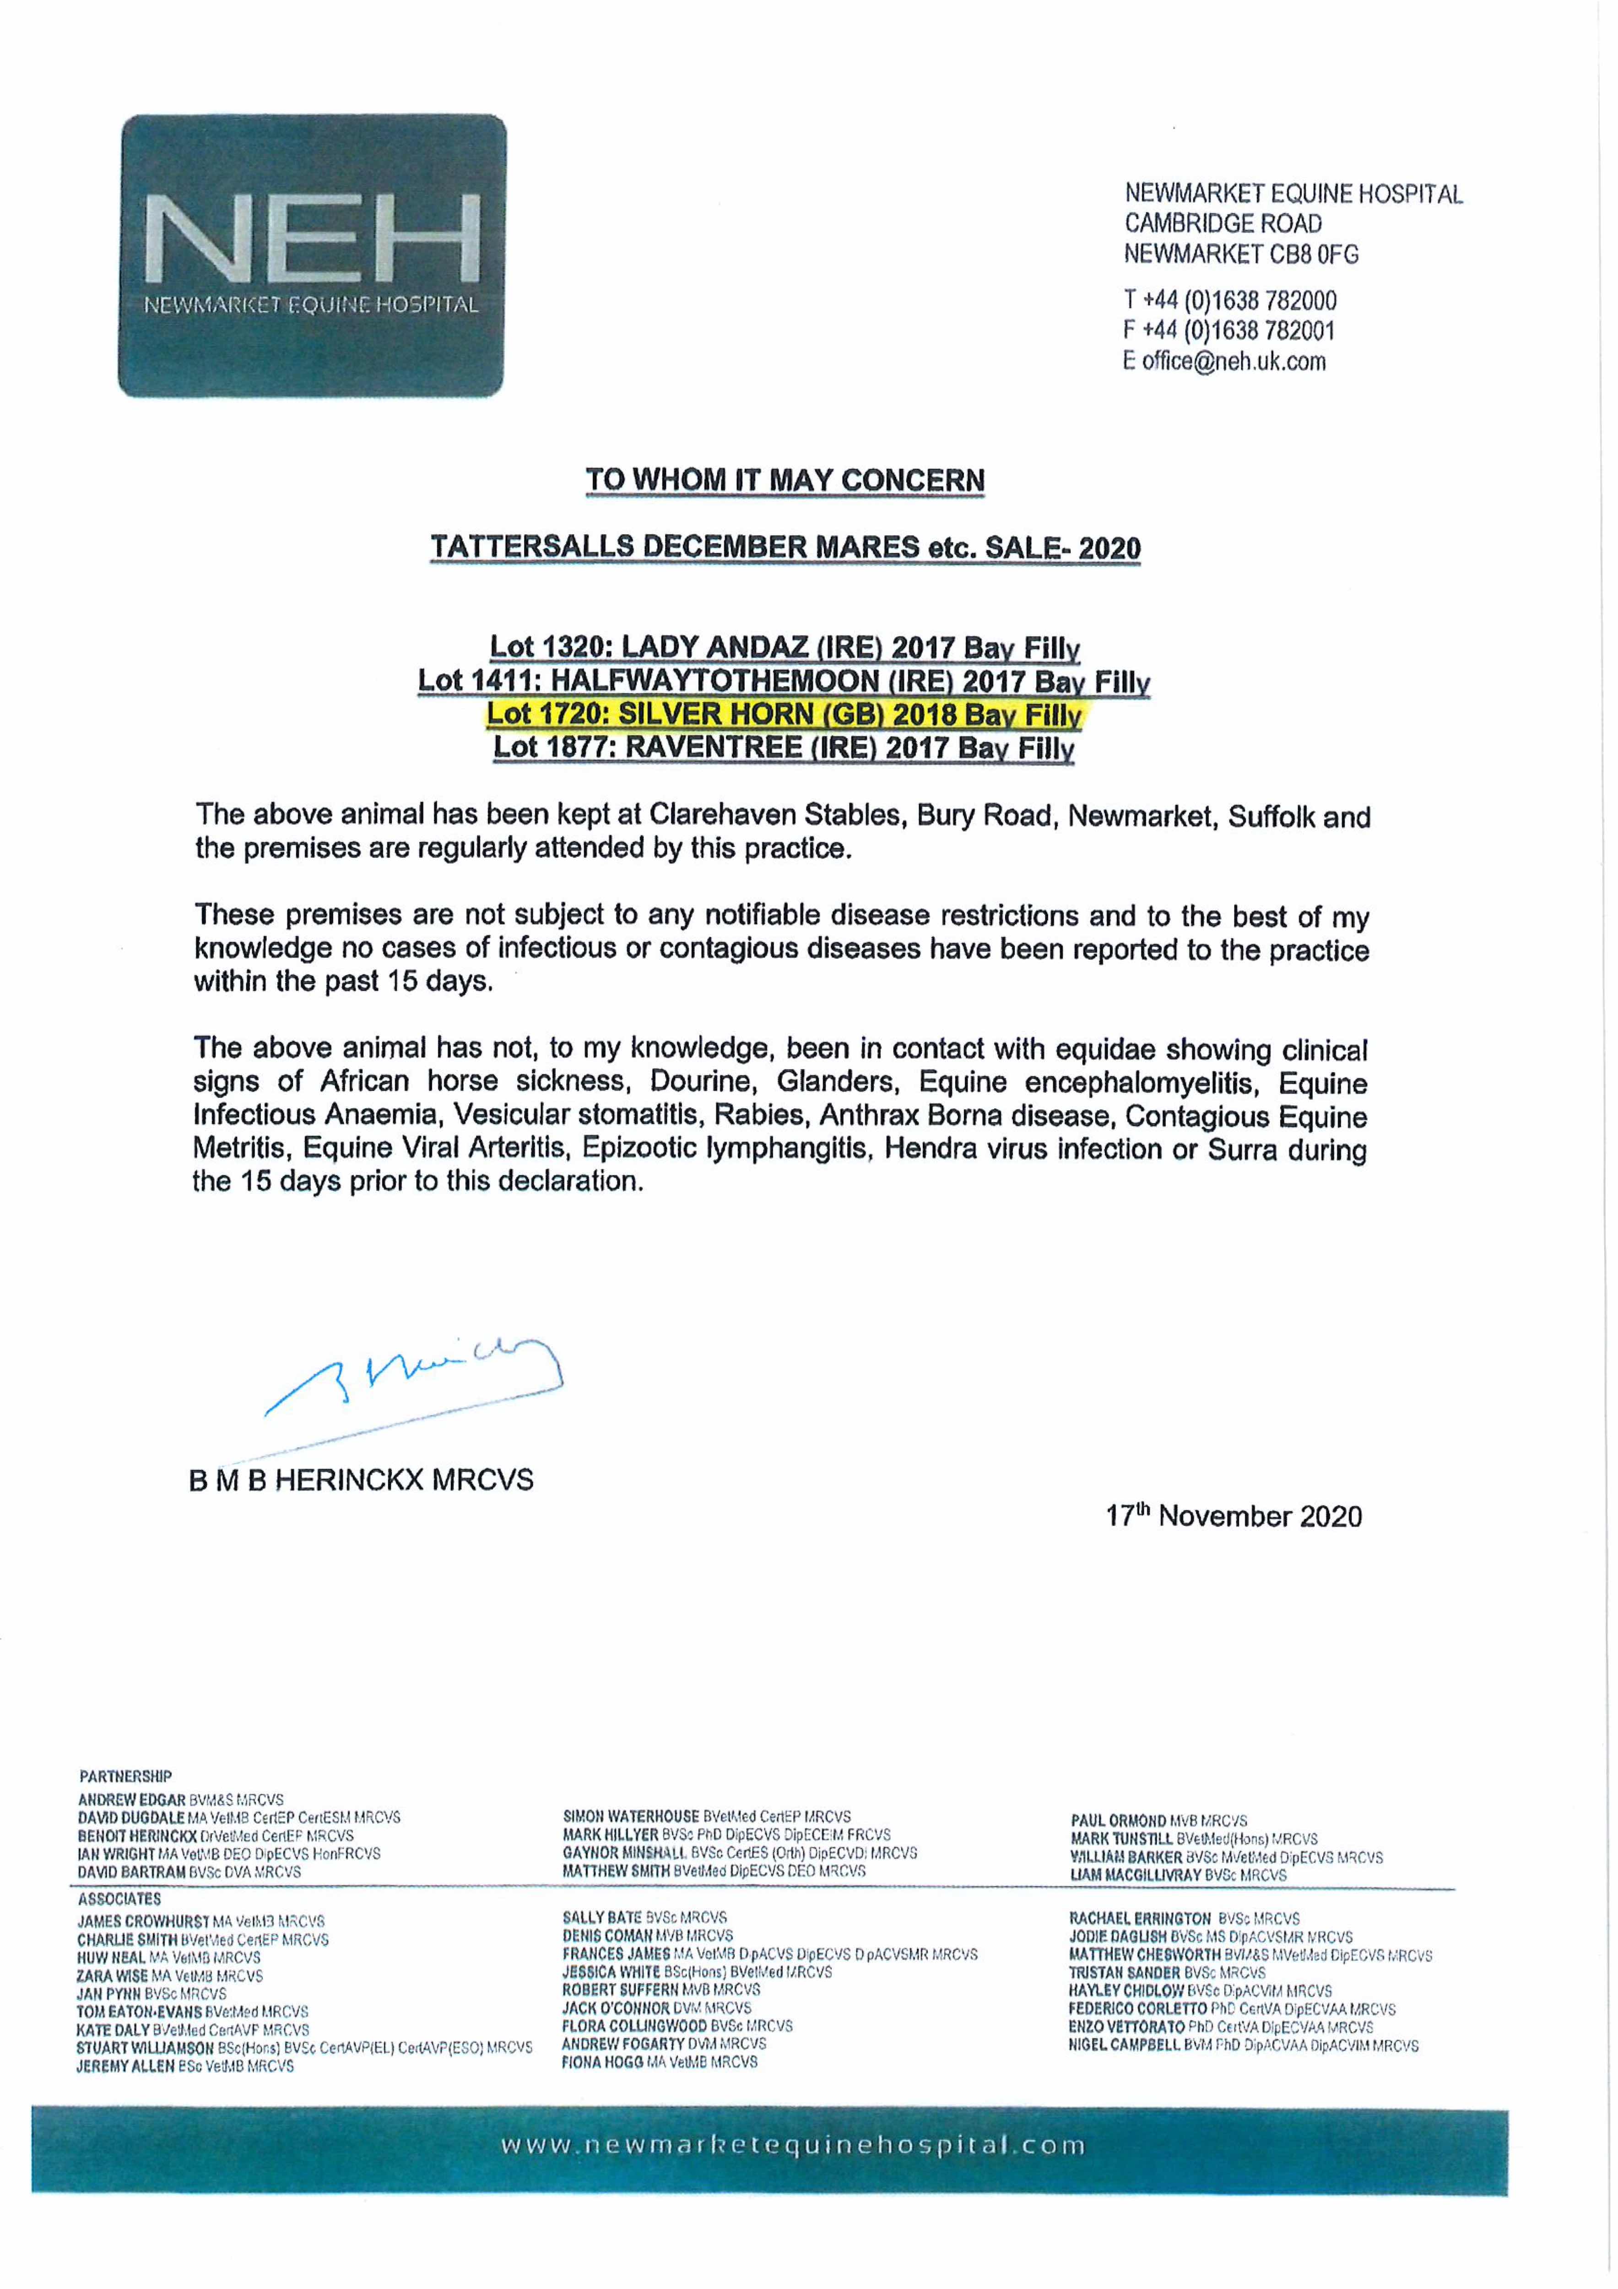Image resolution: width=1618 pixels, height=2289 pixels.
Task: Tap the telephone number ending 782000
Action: [1230, 300]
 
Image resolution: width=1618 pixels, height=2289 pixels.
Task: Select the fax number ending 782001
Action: [1228, 330]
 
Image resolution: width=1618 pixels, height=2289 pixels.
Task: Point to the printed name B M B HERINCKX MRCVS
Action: [361, 1480]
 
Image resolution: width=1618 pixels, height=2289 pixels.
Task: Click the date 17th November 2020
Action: [1233, 1516]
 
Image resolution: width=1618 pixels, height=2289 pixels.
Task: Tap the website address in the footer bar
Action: [793, 2144]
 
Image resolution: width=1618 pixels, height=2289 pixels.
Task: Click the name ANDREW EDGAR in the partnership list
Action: [132, 1800]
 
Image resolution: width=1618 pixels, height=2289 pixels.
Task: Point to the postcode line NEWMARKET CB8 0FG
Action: [1241, 254]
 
